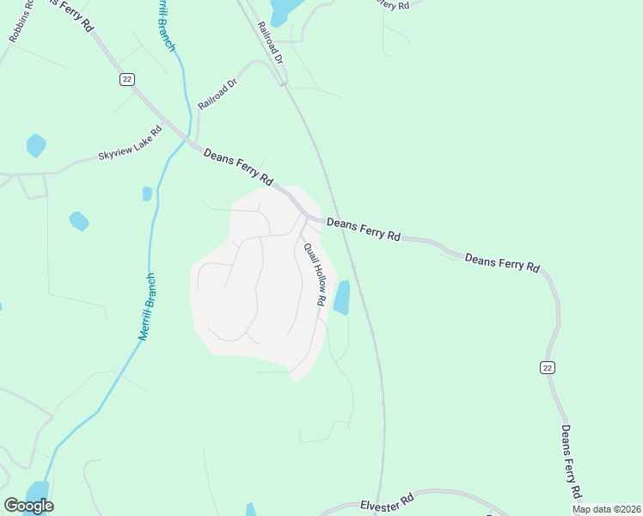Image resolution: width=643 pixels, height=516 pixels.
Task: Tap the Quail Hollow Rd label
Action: (315, 275)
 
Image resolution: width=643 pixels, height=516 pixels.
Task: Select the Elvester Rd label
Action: (387, 501)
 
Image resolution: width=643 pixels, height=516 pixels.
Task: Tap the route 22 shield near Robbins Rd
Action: (127, 78)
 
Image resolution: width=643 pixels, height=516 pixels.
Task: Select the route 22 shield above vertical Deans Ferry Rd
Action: (547, 367)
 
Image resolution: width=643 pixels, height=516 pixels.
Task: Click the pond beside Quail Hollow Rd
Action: (342, 298)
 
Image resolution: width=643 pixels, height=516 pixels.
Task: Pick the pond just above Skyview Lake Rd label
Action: (35, 144)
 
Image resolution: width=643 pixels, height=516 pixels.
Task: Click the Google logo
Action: (28, 506)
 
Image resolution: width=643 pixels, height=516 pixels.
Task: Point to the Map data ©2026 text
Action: (607, 509)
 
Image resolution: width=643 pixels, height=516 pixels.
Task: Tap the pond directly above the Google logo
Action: (37, 490)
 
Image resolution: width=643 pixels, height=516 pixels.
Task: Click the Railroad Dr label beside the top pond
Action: (269, 40)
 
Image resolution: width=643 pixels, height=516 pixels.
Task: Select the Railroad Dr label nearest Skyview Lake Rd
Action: (217, 92)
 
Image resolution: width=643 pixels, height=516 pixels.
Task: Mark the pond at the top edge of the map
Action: (284, 10)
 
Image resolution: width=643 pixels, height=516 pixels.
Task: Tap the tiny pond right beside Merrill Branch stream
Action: (147, 193)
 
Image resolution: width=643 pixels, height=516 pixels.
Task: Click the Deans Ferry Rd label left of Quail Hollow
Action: (237, 168)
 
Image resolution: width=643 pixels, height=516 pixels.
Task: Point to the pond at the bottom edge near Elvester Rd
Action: (251, 510)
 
